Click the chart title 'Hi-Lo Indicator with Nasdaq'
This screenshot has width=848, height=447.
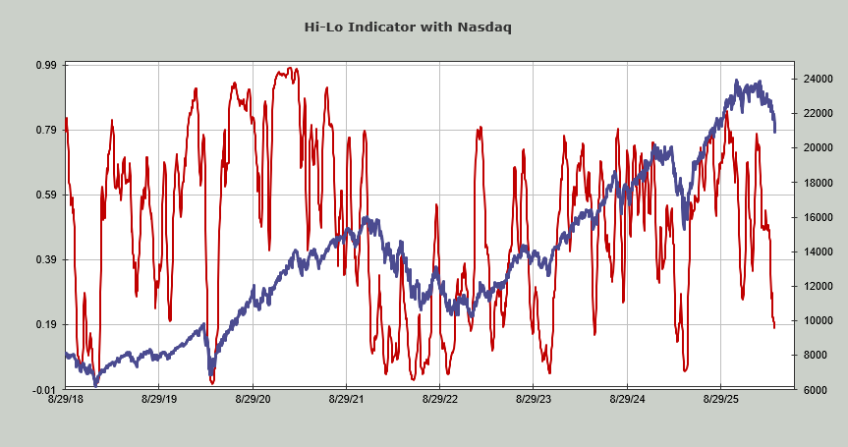[424, 27]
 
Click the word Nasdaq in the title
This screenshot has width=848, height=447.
[484, 27]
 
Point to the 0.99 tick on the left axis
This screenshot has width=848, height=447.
[46, 65]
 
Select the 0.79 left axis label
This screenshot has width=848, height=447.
[46, 130]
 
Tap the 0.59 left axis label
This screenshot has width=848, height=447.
[46, 195]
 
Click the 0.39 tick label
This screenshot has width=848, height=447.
[46, 259]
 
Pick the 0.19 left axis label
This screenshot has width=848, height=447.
[46, 324]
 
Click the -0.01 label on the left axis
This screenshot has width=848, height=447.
[44, 389]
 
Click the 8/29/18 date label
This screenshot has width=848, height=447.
[65, 400]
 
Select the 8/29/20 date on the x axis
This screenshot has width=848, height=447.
[253, 400]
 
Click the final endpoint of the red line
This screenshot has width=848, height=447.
[774, 327]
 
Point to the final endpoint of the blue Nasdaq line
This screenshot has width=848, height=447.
[775, 131]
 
